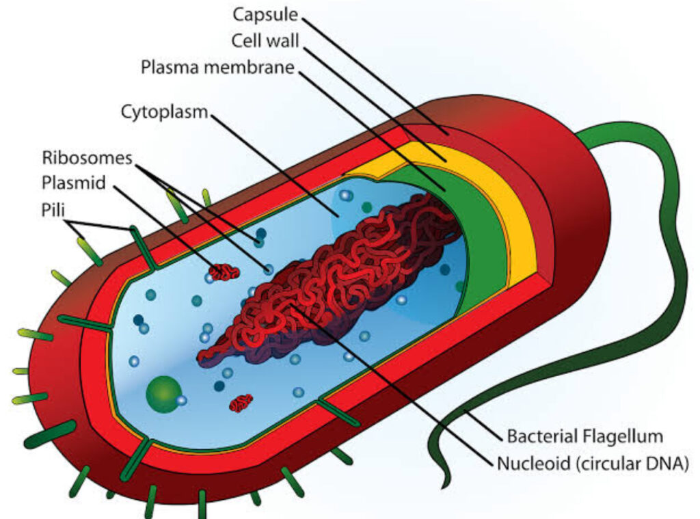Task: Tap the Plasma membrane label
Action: click(x=218, y=68)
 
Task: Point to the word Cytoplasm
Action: click(x=164, y=112)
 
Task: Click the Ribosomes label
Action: click(x=86, y=158)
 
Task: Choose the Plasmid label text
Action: click(x=70, y=183)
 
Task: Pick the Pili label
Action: click(x=53, y=208)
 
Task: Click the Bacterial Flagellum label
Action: click(x=585, y=436)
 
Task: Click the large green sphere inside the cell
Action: click(x=162, y=393)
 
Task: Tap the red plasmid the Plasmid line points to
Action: click(x=224, y=272)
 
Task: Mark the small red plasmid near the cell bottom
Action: click(x=241, y=403)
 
